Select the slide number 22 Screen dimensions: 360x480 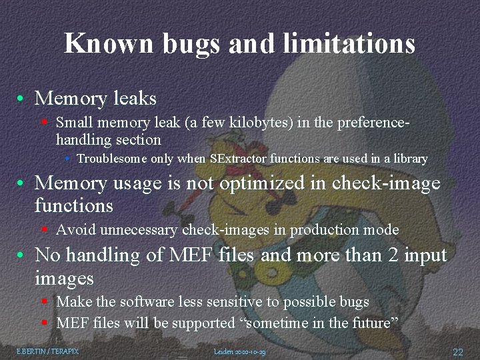tap(458, 351)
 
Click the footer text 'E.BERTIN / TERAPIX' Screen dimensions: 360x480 tap(47, 351)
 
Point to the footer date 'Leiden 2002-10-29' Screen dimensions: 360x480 tap(240, 351)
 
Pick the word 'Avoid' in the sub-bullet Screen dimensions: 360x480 tap(75, 230)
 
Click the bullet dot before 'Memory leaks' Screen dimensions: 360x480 tap(23, 99)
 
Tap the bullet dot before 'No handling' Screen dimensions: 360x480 tap(23, 255)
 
